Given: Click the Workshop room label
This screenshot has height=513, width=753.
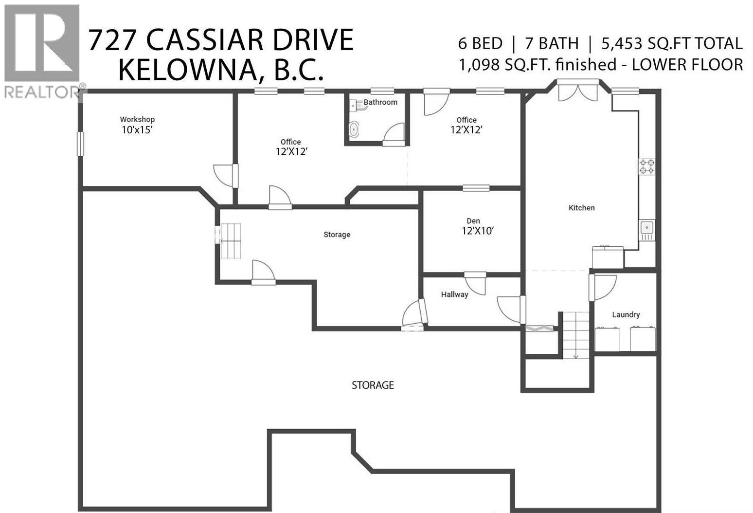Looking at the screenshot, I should (x=137, y=119).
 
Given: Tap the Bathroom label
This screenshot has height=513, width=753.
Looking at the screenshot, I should (x=380, y=102).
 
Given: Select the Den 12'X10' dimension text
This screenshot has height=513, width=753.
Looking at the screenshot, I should (x=478, y=231).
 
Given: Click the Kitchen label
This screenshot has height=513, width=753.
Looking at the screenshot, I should (x=581, y=208).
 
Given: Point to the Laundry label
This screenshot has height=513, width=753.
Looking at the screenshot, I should (x=626, y=315).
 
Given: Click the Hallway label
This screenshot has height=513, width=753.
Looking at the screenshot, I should (x=454, y=294).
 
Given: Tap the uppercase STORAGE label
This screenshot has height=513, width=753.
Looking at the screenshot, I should (x=373, y=385).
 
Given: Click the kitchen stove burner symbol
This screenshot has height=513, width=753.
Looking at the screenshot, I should (x=646, y=166).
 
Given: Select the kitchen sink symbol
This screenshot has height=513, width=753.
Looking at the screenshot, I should (x=646, y=227).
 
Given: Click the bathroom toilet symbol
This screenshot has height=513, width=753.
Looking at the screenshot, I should (x=355, y=129).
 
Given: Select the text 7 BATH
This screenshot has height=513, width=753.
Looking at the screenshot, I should (x=552, y=43).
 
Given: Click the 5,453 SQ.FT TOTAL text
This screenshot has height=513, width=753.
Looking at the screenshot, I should (x=672, y=43).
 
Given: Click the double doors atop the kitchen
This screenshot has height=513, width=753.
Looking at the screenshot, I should (x=578, y=92).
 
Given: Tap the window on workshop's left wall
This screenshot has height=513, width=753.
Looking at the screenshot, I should (x=80, y=144).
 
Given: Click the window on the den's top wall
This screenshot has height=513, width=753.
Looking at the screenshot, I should (x=476, y=188).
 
